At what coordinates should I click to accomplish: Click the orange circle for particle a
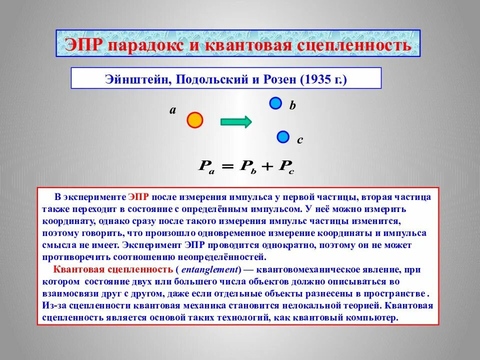point(194,120)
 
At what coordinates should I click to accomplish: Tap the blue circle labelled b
point(275,103)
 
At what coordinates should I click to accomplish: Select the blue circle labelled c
point(283,136)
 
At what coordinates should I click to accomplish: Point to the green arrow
point(236,121)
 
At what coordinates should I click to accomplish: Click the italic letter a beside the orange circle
point(172,111)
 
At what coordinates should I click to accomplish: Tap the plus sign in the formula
point(265,167)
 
